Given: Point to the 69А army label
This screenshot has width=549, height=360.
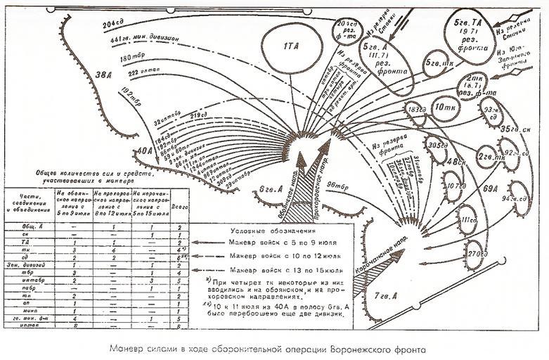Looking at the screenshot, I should pyautogui.click(x=490, y=188).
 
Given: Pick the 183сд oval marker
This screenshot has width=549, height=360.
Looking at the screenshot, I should pyautogui.click(x=416, y=110).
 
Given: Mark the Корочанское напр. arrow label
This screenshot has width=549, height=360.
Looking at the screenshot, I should pyautogui.click(x=360, y=257).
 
